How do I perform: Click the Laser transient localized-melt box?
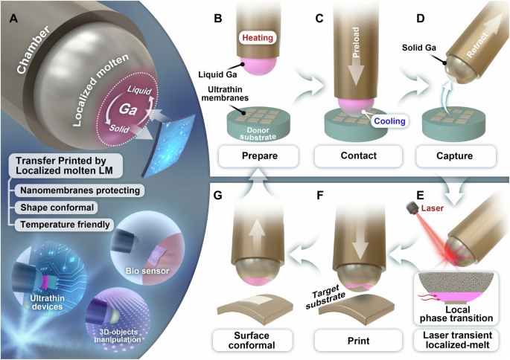455,338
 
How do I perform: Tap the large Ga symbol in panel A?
142,109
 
